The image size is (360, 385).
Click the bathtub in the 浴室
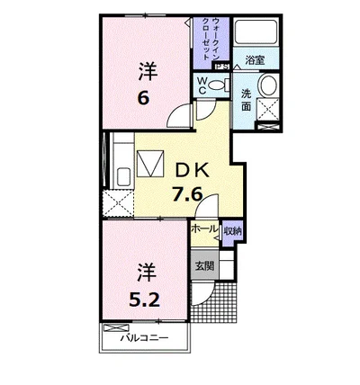[x=256, y=32]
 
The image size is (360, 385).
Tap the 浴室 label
[x=255, y=60]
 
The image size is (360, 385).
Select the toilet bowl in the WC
[x=217, y=85]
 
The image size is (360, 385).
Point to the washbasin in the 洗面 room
[x=268, y=85]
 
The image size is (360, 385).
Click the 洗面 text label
[x=247, y=101]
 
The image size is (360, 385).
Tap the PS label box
[x=222, y=67]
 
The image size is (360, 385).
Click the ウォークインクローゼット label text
[x=211, y=39]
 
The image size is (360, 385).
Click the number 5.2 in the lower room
[x=144, y=300]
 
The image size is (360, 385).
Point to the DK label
[x=192, y=172]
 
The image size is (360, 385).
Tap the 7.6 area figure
[x=186, y=194]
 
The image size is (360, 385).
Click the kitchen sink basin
[x=124, y=177]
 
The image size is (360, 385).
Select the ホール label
[x=204, y=229]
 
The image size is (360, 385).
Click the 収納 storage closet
[x=233, y=231]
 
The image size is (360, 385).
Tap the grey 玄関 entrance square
[x=204, y=265]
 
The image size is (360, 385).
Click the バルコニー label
[x=145, y=339]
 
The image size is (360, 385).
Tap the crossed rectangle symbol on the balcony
[x=116, y=327]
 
